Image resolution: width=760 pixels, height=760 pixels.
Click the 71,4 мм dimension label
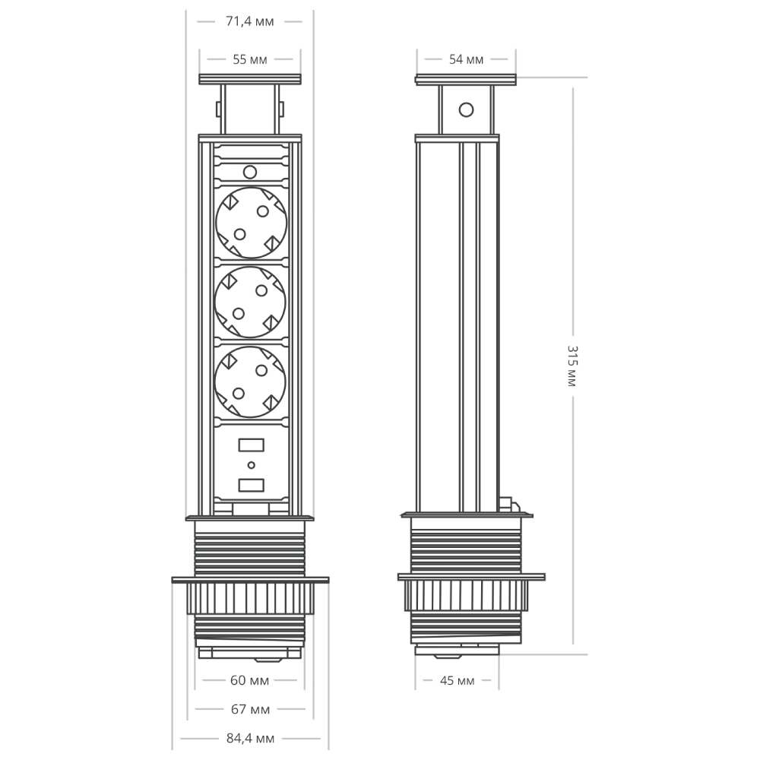tap(249, 21)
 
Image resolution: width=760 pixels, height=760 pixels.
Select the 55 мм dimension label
tap(249, 59)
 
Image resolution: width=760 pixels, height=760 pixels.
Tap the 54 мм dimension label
tap(466, 59)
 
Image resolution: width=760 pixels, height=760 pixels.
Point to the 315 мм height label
tap(572, 366)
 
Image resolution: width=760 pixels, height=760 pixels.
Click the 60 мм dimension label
tap(249, 680)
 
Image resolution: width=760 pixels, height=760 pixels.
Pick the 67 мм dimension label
tap(250, 709)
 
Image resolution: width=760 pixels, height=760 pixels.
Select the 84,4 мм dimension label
tap(249, 738)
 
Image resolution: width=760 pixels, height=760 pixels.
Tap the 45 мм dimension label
tap(457, 680)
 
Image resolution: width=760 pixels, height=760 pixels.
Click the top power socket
tap(251, 221)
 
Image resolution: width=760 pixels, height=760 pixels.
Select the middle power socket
tap(251, 301)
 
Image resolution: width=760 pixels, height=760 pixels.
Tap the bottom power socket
tap(251, 382)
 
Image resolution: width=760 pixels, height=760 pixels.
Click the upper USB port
tap(251, 445)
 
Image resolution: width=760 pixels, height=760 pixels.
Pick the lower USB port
tap(251, 483)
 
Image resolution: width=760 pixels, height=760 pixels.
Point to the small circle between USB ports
tap(251, 464)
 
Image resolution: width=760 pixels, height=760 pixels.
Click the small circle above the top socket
tap(251, 172)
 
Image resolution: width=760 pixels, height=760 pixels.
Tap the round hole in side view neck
tap(466, 109)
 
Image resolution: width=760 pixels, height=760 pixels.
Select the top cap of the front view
tap(250, 78)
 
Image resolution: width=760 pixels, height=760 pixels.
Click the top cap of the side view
tap(466, 79)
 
